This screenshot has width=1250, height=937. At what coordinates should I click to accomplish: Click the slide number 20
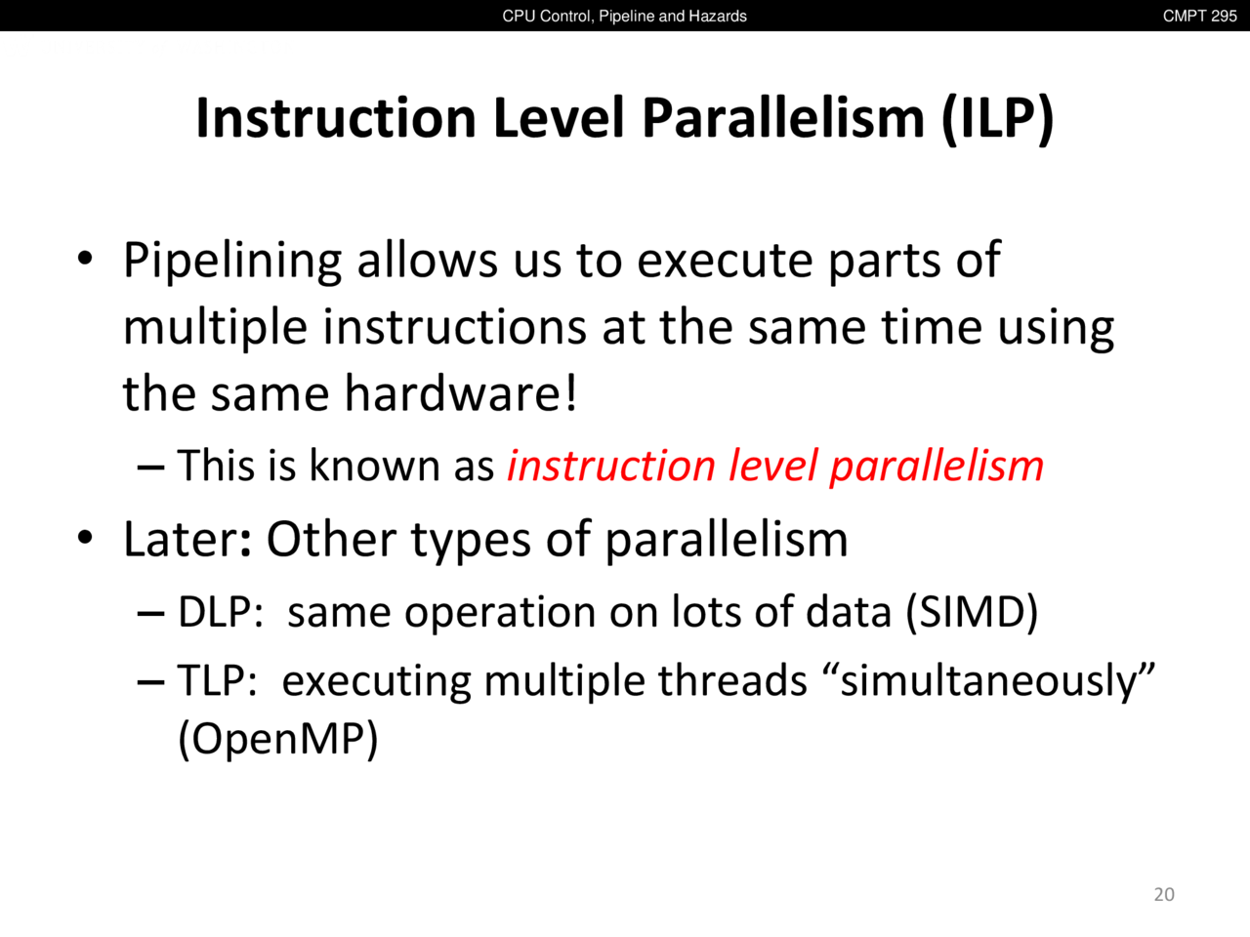coord(1164,894)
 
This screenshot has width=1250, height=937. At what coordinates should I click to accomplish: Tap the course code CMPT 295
coord(1200,16)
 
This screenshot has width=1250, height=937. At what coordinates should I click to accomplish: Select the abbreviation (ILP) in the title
coord(997,118)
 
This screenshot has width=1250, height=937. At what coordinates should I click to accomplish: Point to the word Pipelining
coord(232,262)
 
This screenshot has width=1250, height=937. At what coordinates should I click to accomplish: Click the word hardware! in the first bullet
coord(461,393)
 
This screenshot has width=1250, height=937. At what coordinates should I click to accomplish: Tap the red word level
coord(772,466)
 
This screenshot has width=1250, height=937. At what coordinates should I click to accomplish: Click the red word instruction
coord(611,466)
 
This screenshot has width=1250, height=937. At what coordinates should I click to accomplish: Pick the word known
coord(374,466)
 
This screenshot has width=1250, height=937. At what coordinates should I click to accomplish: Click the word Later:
coord(187,539)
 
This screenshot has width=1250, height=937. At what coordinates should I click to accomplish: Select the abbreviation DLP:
coord(221,612)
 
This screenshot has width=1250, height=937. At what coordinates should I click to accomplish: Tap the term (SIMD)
coord(972,612)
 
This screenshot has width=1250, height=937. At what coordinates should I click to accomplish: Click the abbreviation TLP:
coord(218,680)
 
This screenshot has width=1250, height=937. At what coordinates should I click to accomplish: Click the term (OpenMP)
coord(278,739)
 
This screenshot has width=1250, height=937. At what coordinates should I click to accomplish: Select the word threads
coord(733,680)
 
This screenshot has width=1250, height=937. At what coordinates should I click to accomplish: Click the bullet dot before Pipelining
coord(85,259)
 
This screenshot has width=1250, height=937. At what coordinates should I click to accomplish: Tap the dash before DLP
coord(151,615)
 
